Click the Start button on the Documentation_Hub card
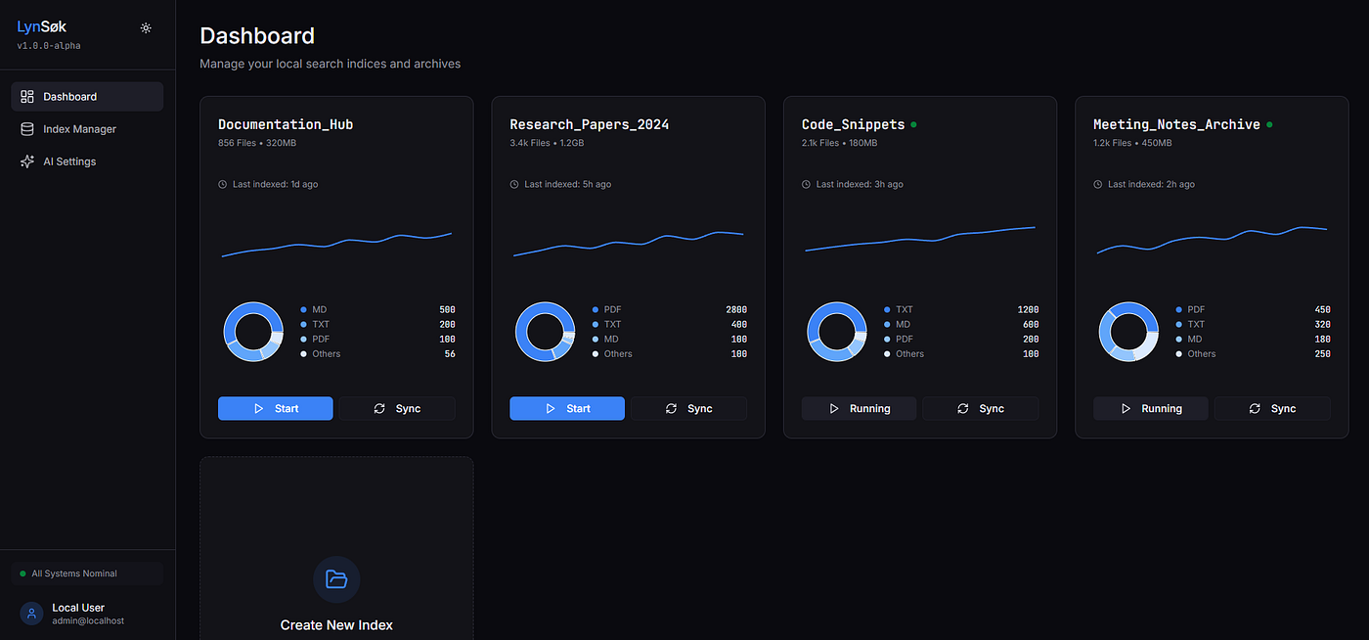pyautogui.click(x=275, y=408)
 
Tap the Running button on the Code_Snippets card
pyautogui.click(x=859, y=408)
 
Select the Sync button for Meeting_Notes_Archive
pyautogui.click(x=1272, y=408)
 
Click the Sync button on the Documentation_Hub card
pyautogui.click(x=397, y=408)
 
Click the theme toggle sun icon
pyautogui.click(x=146, y=28)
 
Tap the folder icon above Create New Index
pyautogui.click(x=336, y=578)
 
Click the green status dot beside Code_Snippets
pyautogui.click(x=913, y=125)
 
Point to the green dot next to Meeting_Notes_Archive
pyautogui.click(x=1269, y=125)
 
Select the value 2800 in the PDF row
pyautogui.click(x=735, y=309)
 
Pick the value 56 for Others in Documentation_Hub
pyautogui.click(x=450, y=353)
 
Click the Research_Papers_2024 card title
pyautogui.click(x=589, y=125)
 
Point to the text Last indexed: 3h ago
pyautogui.click(x=860, y=184)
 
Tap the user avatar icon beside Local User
pyautogui.click(x=31, y=613)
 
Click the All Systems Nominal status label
pyautogui.click(x=74, y=573)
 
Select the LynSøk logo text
pyautogui.click(x=41, y=27)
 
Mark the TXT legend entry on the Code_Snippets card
pyautogui.click(x=899, y=309)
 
